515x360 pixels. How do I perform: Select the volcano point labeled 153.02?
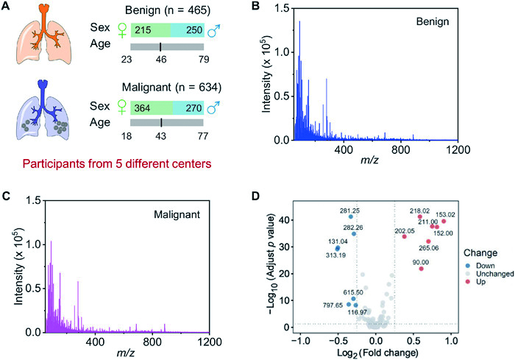pyautogui.click(x=444, y=221)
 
